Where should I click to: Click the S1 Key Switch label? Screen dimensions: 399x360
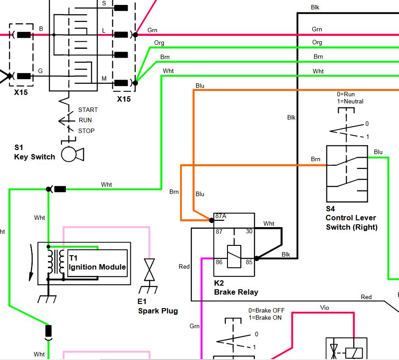(x=34, y=152)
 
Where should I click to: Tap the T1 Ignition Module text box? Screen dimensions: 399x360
(x=97, y=263)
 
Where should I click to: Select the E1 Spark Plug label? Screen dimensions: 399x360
(x=158, y=306)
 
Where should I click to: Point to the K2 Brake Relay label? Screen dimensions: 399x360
(x=236, y=287)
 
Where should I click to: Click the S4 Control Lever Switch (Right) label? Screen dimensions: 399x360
(x=352, y=218)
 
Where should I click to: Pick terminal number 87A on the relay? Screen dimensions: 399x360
(x=221, y=216)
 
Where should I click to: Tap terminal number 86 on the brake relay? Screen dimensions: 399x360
(x=219, y=262)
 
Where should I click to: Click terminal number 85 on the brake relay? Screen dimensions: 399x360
(x=249, y=262)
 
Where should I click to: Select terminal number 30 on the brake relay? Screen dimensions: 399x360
(x=249, y=231)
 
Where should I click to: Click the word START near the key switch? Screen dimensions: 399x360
(x=88, y=110)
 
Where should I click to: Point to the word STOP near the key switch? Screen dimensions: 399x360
(x=86, y=131)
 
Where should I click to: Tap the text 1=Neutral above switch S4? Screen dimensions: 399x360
(x=350, y=101)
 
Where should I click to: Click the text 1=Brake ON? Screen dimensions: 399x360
(x=265, y=318)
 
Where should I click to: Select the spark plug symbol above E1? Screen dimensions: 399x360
(x=150, y=270)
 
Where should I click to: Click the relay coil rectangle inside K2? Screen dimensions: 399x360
(x=234, y=257)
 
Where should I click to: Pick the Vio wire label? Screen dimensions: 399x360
(x=325, y=308)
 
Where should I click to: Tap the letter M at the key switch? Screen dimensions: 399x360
(x=104, y=79)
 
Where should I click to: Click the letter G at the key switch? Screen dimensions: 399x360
(x=40, y=71)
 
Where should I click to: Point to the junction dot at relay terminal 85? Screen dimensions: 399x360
(x=257, y=258)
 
